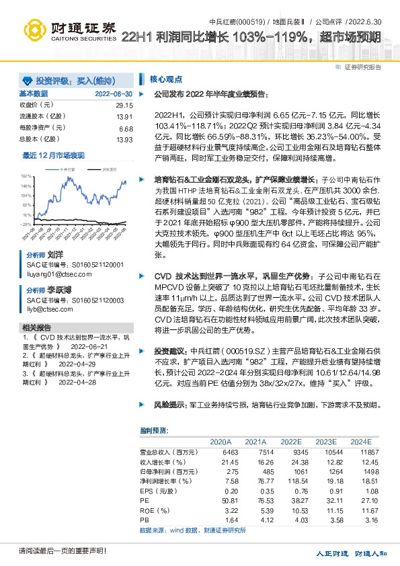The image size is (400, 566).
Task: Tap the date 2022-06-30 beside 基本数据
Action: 114,94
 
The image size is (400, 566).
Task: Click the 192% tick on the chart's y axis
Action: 26,174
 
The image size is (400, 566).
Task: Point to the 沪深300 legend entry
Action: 108,171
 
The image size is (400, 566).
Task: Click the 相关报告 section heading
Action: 34,327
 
